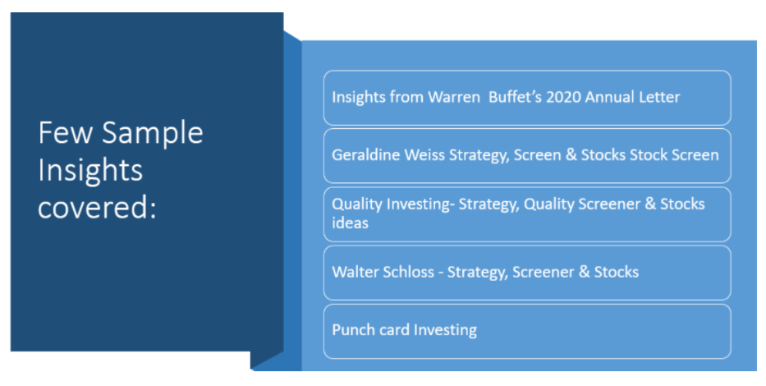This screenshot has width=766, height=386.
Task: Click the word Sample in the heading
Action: coord(153,133)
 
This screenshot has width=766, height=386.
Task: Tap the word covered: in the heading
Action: coord(97,207)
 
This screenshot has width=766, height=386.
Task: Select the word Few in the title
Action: coord(66,132)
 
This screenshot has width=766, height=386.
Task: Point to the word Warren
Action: coord(454,97)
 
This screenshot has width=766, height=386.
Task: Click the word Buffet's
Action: coord(515,97)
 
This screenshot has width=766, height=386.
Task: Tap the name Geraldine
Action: coord(362,155)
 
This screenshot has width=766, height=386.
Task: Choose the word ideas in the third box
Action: coord(351,223)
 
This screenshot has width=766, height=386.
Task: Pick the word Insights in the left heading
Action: coord(90,170)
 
